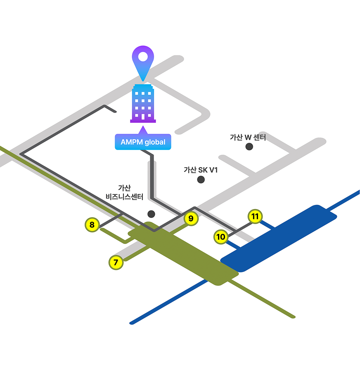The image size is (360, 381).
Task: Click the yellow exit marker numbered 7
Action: [116, 262]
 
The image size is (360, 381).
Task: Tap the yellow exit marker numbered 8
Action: [92, 225]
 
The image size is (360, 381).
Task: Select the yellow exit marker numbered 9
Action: [190, 218]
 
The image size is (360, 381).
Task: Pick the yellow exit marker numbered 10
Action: [221, 237]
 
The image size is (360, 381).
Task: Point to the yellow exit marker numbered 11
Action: [255, 216]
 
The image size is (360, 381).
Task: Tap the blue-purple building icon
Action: [143, 103]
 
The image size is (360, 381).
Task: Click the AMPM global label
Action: [143, 142]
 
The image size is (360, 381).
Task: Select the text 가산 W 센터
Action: [248, 137]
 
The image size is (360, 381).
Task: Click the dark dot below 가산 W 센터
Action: [249, 146]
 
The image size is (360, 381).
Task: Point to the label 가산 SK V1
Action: [201, 170]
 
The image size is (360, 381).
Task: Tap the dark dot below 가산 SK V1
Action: [201, 179]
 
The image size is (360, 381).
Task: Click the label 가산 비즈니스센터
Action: [124, 193]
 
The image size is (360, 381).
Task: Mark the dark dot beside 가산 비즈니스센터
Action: [151, 214]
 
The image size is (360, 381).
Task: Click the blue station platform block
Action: [279, 238]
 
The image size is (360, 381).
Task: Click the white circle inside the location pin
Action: [143, 55]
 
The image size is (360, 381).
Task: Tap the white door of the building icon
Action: [143, 117]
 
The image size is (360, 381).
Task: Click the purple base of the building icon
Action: [143, 121]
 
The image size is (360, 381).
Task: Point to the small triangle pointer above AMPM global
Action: [143, 130]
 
